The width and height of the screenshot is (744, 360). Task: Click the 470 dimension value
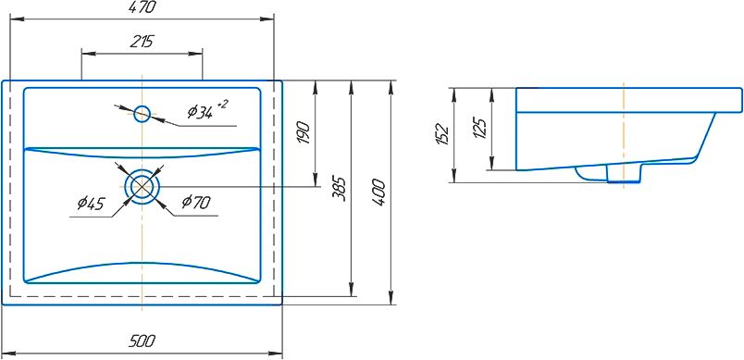tap(143, 7)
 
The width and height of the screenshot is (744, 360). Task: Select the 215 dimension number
tap(142, 42)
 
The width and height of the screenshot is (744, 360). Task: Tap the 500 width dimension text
tap(143, 341)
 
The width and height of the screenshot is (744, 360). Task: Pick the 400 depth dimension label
tap(378, 192)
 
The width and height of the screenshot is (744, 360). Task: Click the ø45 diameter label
tap(91, 204)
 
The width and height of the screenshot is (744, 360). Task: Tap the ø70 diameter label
tap(196, 203)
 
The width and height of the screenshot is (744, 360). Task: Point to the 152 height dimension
tap(441, 134)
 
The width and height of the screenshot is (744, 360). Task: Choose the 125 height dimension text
tap(480, 128)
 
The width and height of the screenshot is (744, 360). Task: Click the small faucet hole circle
tap(143, 114)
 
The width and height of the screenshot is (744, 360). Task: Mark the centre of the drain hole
tap(143, 186)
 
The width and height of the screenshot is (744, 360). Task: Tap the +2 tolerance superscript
tap(222, 104)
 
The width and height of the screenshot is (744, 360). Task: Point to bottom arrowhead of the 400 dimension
tap(391, 297)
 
